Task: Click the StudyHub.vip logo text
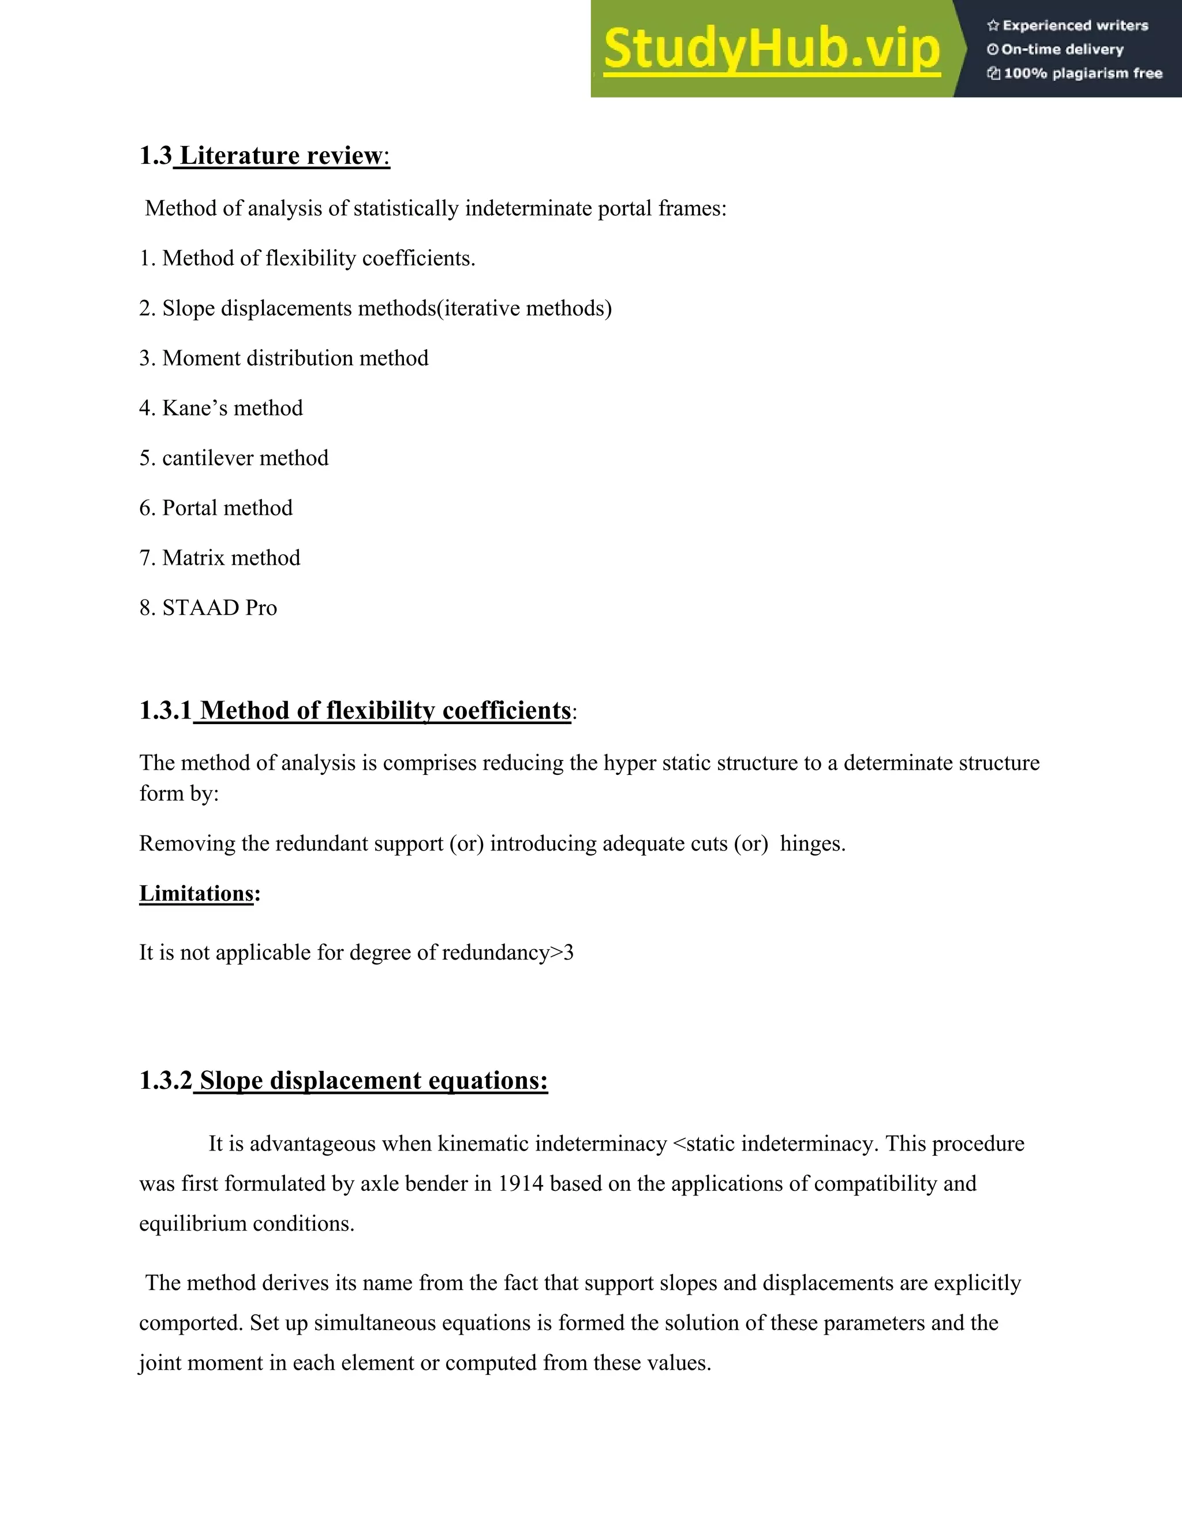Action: [771, 49]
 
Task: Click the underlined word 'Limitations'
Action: [196, 893]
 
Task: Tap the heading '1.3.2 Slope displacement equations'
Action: [343, 1080]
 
